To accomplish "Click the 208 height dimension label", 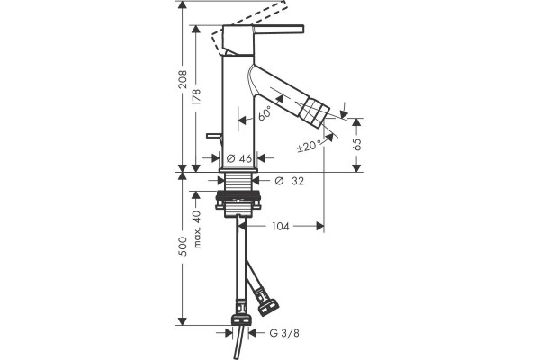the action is coord(183,79).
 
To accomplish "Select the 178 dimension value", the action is coord(196,97).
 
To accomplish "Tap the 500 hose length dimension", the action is coord(183,247).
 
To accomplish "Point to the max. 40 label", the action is coord(197,229).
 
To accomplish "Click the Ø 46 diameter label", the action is coord(239,158).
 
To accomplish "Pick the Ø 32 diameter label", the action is coord(290,181).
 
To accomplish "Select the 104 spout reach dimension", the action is coord(281,226).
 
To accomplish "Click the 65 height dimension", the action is coord(357,144).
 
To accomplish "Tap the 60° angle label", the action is coord(265,112).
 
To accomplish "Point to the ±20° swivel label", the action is coord(310,146).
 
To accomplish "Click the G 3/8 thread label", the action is coord(284,333).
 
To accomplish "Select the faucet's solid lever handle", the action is coord(279,30).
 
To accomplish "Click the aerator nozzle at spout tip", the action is coord(313,111).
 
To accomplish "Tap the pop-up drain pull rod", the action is coord(214,136).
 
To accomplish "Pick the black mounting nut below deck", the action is coord(238,201).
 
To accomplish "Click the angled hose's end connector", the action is coord(266,302).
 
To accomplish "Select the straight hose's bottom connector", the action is coord(241,313).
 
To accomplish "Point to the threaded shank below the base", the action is coord(238,182).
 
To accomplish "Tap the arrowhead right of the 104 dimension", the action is coord(320,226).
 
